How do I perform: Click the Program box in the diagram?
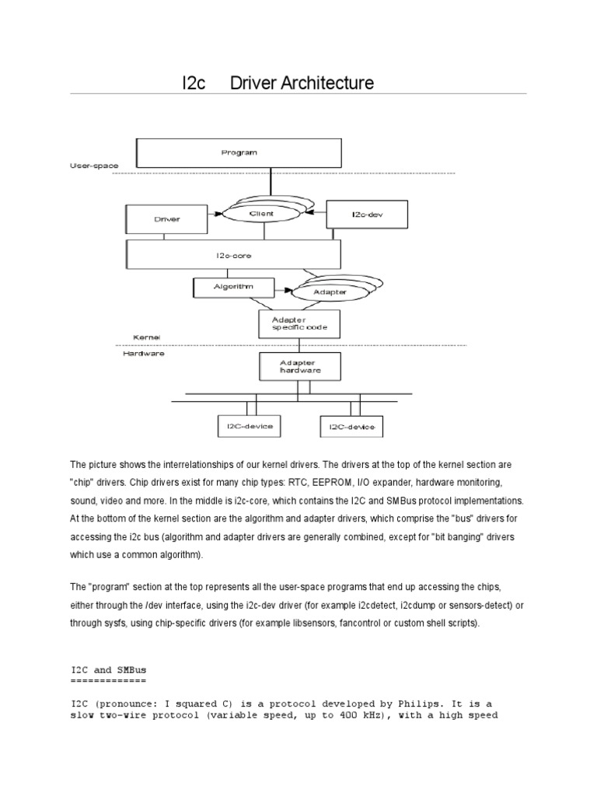click(238, 152)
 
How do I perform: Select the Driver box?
click(166, 219)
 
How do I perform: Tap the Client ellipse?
click(261, 213)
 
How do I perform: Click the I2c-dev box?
click(358, 215)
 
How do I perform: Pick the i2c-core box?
click(233, 254)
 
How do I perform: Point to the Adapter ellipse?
click(330, 292)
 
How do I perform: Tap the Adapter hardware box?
click(299, 367)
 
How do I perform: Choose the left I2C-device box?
click(246, 426)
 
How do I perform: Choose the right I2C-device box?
click(351, 427)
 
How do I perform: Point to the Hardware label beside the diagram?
click(144, 353)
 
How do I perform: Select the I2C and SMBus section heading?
click(108, 669)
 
